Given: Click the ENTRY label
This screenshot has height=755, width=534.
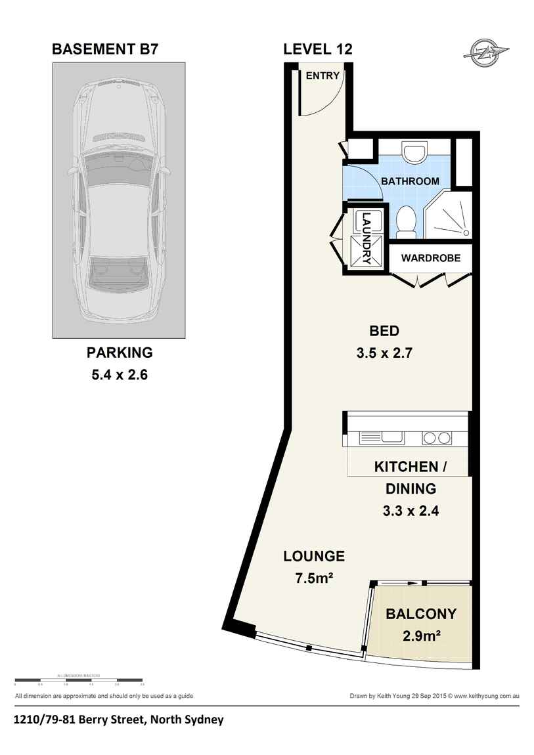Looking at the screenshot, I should click(x=323, y=75).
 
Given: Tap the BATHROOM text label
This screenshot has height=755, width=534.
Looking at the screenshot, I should click(x=411, y=181).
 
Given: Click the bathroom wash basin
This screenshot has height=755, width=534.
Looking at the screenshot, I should click(x=414, y=153).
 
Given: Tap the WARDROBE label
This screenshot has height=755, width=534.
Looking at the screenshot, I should click(x=430, y=258).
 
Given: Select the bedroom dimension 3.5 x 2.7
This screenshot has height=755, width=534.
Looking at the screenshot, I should click(x=384, y=353).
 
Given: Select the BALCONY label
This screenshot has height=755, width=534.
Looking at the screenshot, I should click(x=421, y=615).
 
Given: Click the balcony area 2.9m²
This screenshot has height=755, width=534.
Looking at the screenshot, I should click(x=421, y=636).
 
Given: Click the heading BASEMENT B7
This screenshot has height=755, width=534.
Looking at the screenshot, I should click(x=104, y=49).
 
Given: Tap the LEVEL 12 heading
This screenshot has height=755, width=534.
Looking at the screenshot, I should click(x=318, y=49).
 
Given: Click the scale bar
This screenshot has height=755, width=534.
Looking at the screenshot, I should click(x=78, y=679).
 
